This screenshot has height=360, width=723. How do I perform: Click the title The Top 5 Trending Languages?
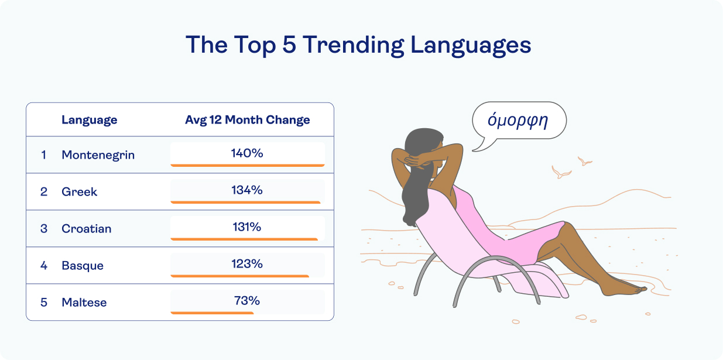pos(358,45)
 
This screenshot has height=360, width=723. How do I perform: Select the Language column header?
pos(89,120)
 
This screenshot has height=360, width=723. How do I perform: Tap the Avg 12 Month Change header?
pos(247,120)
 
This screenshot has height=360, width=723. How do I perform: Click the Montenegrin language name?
pos(98,155)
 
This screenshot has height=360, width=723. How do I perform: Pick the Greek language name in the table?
pos(79,192)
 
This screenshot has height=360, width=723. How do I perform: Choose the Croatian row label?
pos(86,229)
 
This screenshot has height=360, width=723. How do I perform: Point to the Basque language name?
pos(83,266)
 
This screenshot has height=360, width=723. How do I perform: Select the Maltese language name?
pos(84,303)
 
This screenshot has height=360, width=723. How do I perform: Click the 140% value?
pos(247,153)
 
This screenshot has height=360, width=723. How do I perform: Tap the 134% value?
pos(247,190)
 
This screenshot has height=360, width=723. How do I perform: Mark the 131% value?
pos(247,227)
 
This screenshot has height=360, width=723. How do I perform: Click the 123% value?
pos(247,264)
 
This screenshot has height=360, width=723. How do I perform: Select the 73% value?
pos(247,301)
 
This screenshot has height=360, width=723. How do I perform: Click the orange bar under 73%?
pos(212,313)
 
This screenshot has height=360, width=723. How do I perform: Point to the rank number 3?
pos(44,229)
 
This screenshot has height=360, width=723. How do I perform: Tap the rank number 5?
pos(44,303)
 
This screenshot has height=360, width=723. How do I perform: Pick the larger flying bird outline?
pos(561,172)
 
